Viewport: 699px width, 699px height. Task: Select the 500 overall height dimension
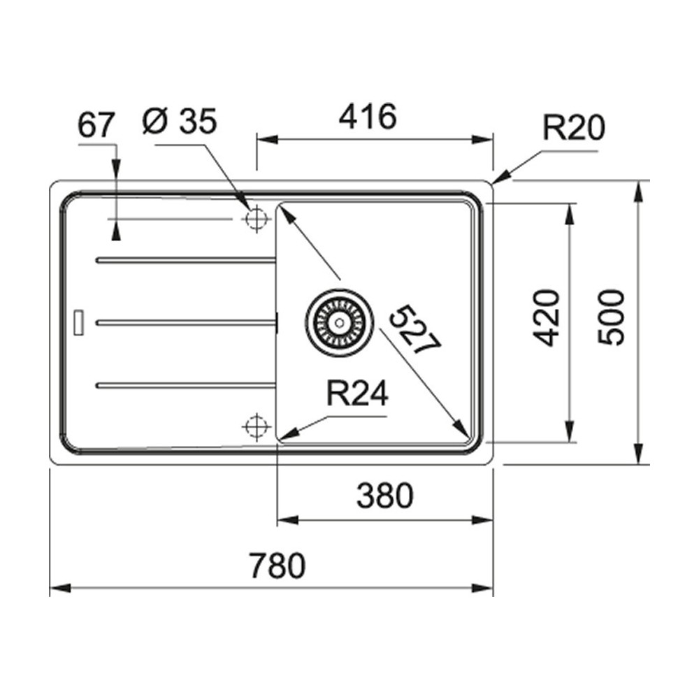pyautogui.click(x=610, y=317)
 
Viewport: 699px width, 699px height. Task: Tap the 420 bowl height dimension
pyautogui.click(x=546, y=318)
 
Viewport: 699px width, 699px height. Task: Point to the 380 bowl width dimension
pyautogui.click(x=385, y=496)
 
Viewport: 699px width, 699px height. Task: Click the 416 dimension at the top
pyautogui.click(x=368, y=116)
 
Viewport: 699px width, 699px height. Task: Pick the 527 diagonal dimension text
pyautogui.click(x=414, y=329)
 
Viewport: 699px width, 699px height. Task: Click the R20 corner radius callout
pyautogui.click(x=574, y=127)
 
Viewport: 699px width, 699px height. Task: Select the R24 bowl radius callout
pyautogui.click(x=357, y=393)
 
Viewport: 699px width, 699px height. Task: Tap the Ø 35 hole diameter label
pyautogui.click(x=180, y=120)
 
